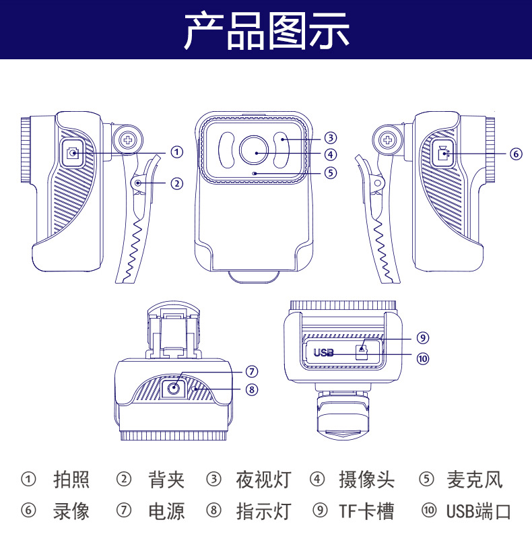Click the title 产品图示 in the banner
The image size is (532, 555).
pyautogui.click(x=267, y=30)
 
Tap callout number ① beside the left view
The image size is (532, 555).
pyautogui.click(x=176, y=152)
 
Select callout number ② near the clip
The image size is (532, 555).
pyautogui.click(x=176, y=183)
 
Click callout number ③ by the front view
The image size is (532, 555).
pyautogui.click(x=330, y=137)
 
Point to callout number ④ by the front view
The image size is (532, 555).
pyautogui.click(x=330, y=155)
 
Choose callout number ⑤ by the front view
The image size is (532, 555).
pyautogui.click(x=330, y=172)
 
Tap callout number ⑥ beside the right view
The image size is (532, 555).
pyautogui.click(x=516, y=154)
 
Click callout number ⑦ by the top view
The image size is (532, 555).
pyautogui.click(x=251, y=371)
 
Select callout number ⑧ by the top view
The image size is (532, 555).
pyautogui.click(x=251, y=389)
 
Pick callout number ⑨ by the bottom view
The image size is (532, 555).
pyautogui.click(x=422, y=337)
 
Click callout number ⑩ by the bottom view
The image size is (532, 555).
pyautogui.click(x=422, y=358)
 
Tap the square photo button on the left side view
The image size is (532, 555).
pyautogui.click(x=73, y=154)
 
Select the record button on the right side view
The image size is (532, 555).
pyautogui.click(x=442, y=154)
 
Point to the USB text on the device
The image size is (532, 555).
pyautogui.click(x=324, y=352)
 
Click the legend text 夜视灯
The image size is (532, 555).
pyautogui.click(x=263, y=480)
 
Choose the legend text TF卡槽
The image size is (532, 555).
pyautogui.click(x=366, y=511)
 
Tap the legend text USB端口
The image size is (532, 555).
pyautogui.click(x=479, y=511)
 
